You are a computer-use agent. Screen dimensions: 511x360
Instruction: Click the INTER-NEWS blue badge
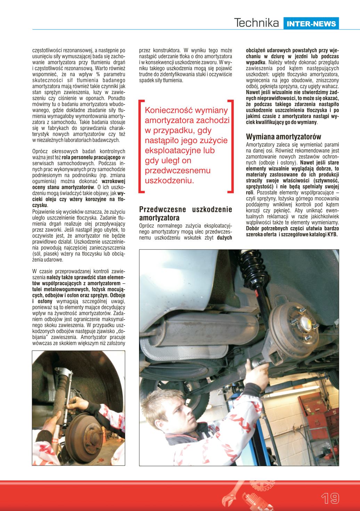311,23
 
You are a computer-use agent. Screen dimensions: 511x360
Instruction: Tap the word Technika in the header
257,23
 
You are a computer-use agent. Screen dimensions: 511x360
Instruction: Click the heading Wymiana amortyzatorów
284,137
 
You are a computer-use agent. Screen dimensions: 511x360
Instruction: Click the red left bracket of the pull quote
141,146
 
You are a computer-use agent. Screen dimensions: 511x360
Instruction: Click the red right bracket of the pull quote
230,146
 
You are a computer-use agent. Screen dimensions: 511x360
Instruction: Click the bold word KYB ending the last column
333,234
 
